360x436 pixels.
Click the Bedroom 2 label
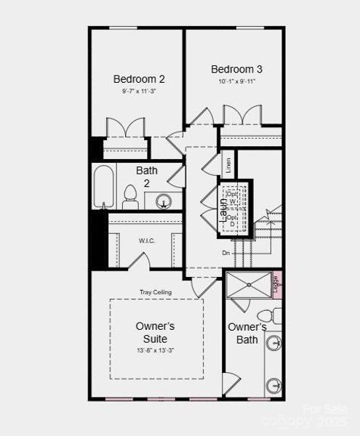[140, 78]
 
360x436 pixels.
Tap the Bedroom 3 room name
[236, 69]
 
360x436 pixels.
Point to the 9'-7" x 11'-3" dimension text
[140, 92]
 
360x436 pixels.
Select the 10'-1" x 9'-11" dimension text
[236, 81]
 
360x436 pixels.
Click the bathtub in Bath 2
[105, 187]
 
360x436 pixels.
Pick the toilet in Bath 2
[131, 196]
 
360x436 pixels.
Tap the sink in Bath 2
[164, 201]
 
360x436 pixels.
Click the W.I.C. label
[147, 241]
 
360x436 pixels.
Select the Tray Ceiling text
[156, 292]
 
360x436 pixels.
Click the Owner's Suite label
[155, 333]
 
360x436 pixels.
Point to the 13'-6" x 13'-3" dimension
[155, 350]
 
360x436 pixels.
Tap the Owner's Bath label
[247, 333]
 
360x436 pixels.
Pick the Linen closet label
[228, 164]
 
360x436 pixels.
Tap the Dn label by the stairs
[227, 253]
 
